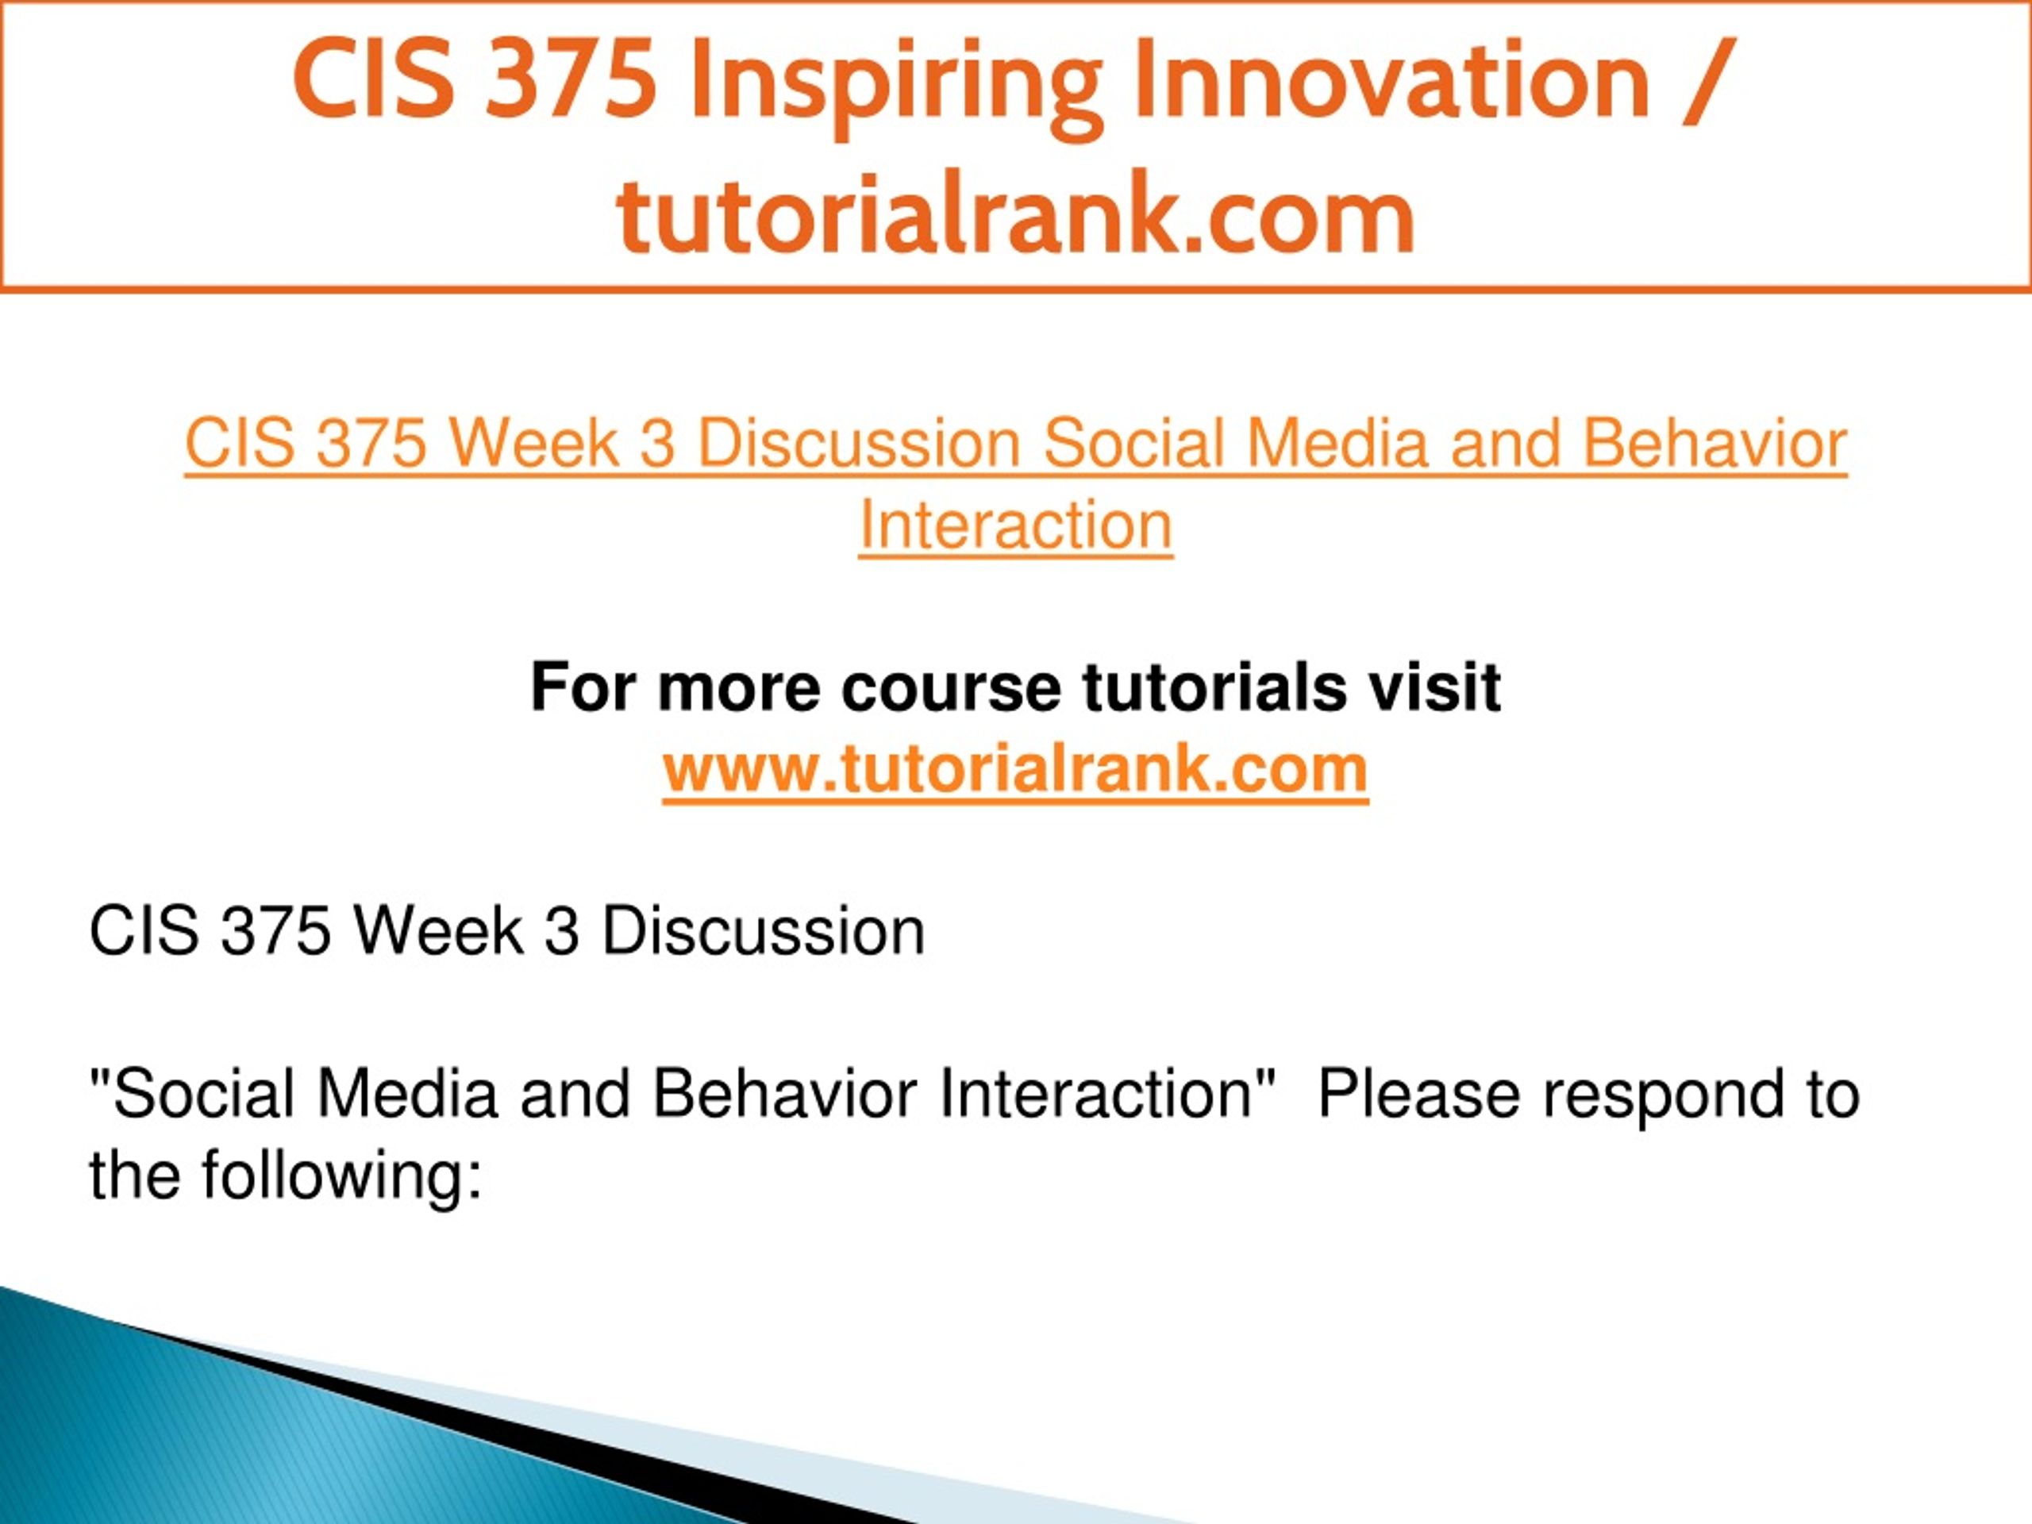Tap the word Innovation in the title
[x=1391, y=81]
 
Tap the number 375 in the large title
[x=571, y=81]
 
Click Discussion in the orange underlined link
[x=859, y=444]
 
